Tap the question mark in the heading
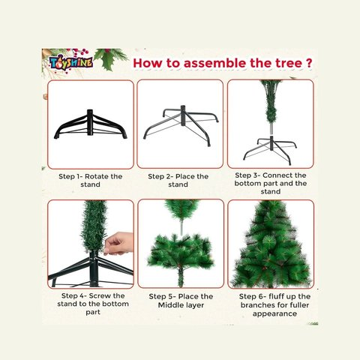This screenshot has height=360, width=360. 309,61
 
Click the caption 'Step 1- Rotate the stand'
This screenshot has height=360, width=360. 90,181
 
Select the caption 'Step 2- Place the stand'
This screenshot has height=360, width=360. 178,181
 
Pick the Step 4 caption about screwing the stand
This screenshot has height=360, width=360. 90,304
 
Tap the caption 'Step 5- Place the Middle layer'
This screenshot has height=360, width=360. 180,300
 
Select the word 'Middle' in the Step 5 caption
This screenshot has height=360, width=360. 175,305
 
